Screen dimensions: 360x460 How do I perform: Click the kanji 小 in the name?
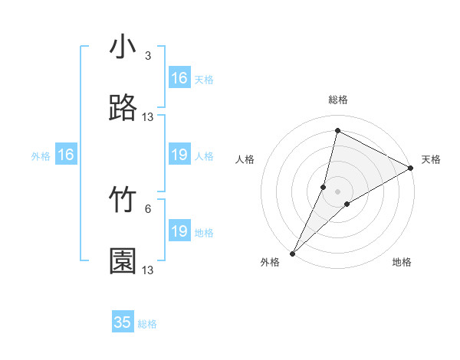click(x=123, y=48)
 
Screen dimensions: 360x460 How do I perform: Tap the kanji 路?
click(x=123, y=109)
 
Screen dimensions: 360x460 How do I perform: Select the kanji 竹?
click(x=123, y=201)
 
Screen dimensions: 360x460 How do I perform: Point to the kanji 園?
click(x=123, y=261)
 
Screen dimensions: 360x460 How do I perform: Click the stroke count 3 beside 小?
click(x=148, y=56)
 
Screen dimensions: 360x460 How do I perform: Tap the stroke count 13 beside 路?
click(x=148, y=117)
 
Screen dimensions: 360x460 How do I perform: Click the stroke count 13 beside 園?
click(x=148, y=270)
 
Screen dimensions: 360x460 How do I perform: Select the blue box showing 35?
click(x=123, y=322)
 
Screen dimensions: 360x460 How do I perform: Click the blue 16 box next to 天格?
click(x=179, y=78)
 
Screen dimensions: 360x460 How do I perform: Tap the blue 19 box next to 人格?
click(x=179, y=155)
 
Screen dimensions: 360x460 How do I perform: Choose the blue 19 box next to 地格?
click(x=179, y=231)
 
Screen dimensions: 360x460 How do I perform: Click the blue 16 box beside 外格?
click(x=66, y=155)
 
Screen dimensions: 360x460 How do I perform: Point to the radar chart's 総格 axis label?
click(x=338, y=100)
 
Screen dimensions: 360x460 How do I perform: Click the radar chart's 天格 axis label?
click(x=432, y=159)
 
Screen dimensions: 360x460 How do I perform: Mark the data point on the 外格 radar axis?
click(x=292, y=253)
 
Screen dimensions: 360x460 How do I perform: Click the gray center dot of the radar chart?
click(x=337, y=191)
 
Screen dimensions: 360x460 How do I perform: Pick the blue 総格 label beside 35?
click(x=147, y=324)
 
